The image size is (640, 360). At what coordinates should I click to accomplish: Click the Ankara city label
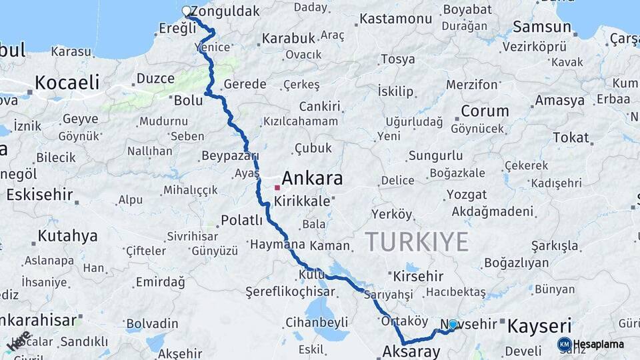pyautogui.click(x=312, y=179)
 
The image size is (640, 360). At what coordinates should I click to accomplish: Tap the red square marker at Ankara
pyautogui.click(x=277, y=187)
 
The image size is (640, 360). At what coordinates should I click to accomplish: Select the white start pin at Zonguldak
pyautogui.click(x=187, y=11)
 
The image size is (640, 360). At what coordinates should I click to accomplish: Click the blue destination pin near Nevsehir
pyautogui.click(x=453, y=324)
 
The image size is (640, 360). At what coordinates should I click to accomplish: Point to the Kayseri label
pyautogui.click(x=539, y=327)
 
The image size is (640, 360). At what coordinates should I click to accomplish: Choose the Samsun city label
pyautogui.click(x=541, y=28)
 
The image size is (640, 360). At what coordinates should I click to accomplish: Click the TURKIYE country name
pyautogui.click(x=417, y=241)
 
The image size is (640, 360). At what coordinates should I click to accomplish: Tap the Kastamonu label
pyautogui.click(x=397, y=19)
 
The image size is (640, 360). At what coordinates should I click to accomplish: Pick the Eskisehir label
pyautogui.click(x=38, y=195)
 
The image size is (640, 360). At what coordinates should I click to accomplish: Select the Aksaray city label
pyautogui.click(x=412, y=351)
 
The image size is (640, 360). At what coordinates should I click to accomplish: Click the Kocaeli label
pyautogui.click(x=67, y=83)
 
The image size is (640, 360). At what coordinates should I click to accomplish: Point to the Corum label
pyautogui.click(x=485, y=111)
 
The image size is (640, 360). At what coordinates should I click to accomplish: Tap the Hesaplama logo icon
pyautogui.click(x=564, y=344)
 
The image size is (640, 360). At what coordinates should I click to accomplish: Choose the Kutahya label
pyautogui.click(x=67, y=236)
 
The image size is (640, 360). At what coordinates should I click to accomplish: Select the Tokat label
pyautogui.click(x=571, y=138)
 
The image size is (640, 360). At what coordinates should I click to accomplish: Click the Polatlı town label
pyautogui.click(x=242, y=220)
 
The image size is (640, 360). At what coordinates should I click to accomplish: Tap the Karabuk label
pyautogui.click(x=287, y=39)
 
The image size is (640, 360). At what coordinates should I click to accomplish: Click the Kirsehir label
pyautogui.click(x=419, y=276)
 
